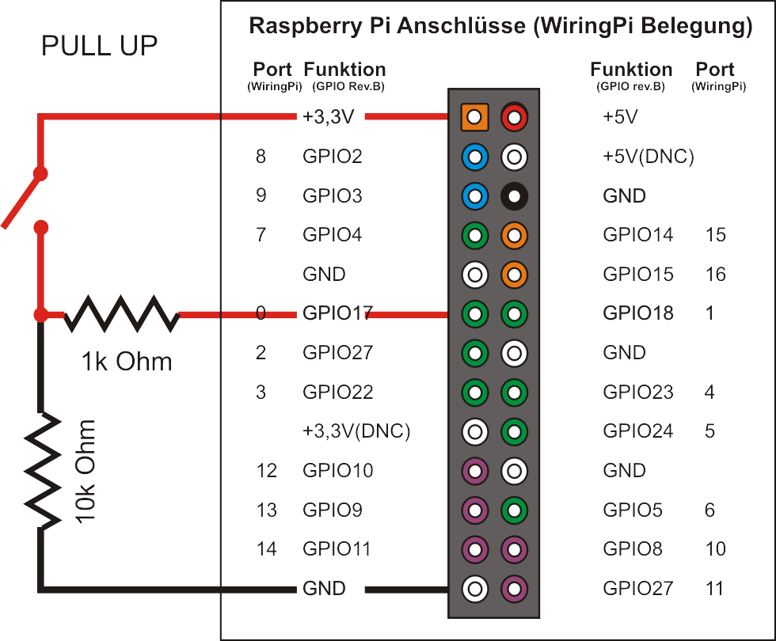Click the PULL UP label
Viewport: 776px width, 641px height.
click(x=99, y=47)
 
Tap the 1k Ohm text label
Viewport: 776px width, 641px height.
click(x=126, y=362)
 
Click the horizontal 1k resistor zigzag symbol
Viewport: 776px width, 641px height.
click(x=121, y=314)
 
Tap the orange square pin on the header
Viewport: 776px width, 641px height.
click(x=474, y=118)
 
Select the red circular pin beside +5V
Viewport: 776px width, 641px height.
click(x=515, y=118)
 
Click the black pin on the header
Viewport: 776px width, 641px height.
click(x=515, y=195)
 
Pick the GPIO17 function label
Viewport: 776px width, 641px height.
click(x=337, y=313)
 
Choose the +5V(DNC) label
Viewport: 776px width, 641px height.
click(x=648, y=157)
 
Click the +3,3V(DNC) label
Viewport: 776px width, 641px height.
click(x=356, y=431)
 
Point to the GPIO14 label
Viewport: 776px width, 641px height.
click(x=637, y=235)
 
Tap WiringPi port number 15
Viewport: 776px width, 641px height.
click(x=715, y=235)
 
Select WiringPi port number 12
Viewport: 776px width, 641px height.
click(x=267, y=471)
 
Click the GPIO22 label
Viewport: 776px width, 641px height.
click(x=337, y=393)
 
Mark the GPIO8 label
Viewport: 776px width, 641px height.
click(x=632, y=549)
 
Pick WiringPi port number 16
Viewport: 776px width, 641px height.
click(x=715, y=275)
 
